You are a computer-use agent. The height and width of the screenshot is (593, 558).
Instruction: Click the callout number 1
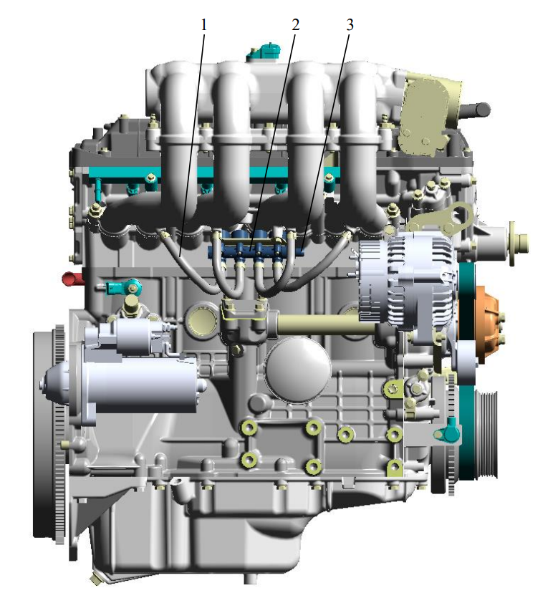(x=204, y=25)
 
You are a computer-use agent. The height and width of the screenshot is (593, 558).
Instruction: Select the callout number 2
(x=295, y=25)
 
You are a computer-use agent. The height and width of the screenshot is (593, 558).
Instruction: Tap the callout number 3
(x=350, y=25)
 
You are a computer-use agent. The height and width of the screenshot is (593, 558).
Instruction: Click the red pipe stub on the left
(x=72, y=279)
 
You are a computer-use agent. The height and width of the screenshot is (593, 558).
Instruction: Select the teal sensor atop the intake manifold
(x=264, y=52)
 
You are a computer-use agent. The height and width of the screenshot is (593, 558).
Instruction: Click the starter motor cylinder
(x=125, y=384)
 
